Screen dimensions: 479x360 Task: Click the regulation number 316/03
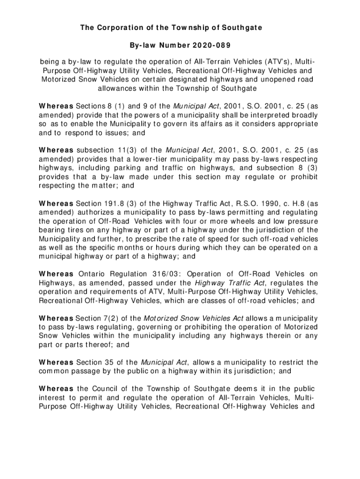tap(160, 274)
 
